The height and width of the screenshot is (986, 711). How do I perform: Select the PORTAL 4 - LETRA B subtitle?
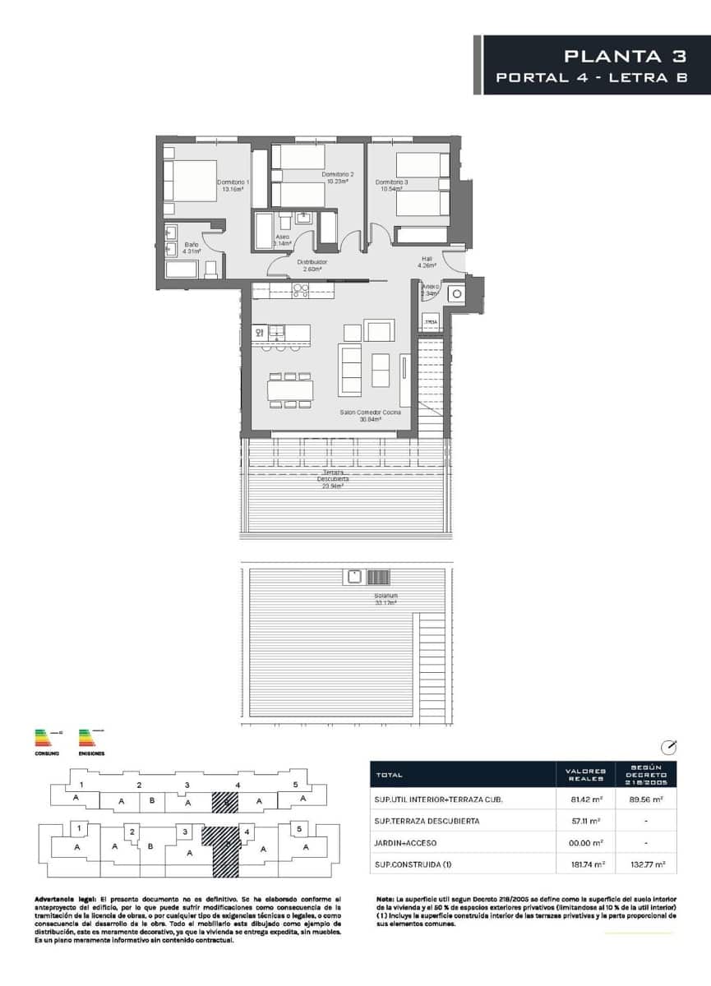[591, 78]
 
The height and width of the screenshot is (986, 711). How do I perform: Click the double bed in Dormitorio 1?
[190, 180]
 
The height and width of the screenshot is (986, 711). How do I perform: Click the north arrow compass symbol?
[669, 747]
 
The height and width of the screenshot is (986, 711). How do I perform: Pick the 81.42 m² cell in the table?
[586, 799]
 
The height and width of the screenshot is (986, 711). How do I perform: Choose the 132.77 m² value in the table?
[649, 864]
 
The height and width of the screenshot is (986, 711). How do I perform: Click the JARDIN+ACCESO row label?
[405, 842]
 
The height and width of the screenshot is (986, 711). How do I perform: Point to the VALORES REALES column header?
[586, 775]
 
